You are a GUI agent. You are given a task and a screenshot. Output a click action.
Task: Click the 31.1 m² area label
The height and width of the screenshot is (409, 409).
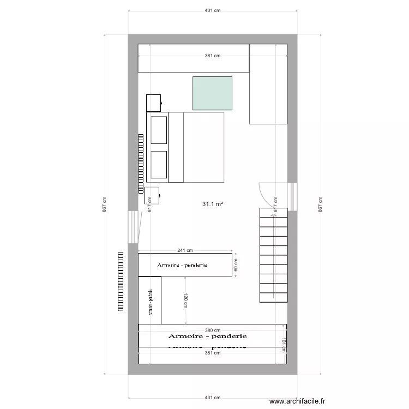pyautogui.click(x=213, y=204)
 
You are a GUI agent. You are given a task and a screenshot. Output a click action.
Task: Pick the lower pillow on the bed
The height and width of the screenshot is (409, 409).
pyautogui.click(x=159, y=165)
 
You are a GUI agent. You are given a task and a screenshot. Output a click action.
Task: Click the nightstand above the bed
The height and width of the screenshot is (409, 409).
pyautogui.click(x=153, y=102)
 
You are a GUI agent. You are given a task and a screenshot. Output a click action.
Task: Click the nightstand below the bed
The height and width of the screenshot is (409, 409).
pyautogui.click(x=152, y=194)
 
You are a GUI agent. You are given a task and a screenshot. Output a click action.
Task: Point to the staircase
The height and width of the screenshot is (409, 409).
pyautogui.click(x=273, y=254)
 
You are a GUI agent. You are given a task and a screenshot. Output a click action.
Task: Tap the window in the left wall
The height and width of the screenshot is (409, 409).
pyautogui.click(x=133, y=227)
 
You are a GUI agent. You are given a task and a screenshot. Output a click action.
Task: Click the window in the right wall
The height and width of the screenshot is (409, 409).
pyautogui.click(x=292, y=196)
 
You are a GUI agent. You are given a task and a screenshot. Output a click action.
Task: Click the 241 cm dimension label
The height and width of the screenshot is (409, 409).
pyautogui.click(x=185, y=251)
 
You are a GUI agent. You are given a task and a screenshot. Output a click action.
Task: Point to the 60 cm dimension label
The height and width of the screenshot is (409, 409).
pyautogui.click(x=236, y=265)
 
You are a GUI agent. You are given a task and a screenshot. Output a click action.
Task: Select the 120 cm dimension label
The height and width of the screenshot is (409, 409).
pyautogui.click(x=185, y=300)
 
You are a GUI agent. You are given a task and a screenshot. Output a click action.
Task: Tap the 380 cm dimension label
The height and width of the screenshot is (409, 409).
pyautogui.click(x=212, y=330)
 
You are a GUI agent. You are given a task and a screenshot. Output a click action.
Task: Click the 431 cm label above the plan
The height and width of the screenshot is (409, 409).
pyautogui.click(x=212, y=10)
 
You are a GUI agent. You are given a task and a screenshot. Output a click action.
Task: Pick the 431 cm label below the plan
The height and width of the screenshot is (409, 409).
pyautogui.click(x=212, y=398)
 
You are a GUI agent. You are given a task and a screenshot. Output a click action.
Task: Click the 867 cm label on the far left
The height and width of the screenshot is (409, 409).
pyautogui.click(x=104, y=204)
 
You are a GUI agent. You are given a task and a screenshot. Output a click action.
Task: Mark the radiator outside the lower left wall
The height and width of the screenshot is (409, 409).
pyautogui.click(x=121, y=281)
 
